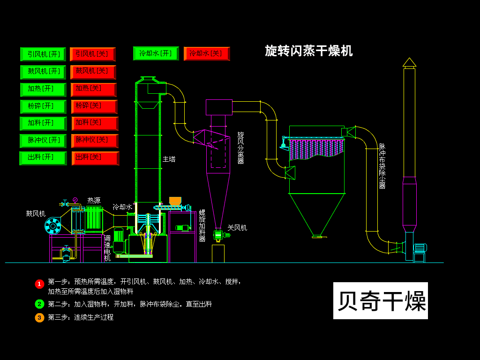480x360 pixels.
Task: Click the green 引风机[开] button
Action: pyautogui.click(x=43, y=54)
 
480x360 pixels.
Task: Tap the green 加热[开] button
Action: pyautogui.click(x=43, y=89)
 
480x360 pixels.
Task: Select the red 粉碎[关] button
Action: pyautogui.click(x=94, y=106)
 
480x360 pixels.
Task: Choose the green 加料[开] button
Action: pyautogui.click(x=43, y=123)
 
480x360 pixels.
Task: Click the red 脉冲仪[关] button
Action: pyautogui.click(x=94, y=141)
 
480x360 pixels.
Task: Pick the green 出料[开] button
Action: pyautogui.click(x=43, y=158)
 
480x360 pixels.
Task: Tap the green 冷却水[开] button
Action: pyautogui.click(x=156, y=53)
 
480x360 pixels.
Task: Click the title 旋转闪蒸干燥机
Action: pyautogui.click(x=308, y=51)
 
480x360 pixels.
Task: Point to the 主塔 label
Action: pyautogui.click(x=169, y=159)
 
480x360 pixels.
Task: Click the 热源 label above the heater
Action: pyautogui.click(x=94, y=200)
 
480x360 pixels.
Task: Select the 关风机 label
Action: pyautogui.click(x=237, y=228)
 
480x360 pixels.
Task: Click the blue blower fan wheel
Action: pyautogui.click(x=52, y=226)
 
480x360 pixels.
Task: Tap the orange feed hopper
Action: pyautogui.click(x=175, y=201)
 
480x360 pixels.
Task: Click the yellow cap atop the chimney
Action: pyautogui.click(x=409, y=62)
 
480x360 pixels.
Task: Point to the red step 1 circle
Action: pyautogui.click(x=39, y=284)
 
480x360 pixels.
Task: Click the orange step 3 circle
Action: pyautogui.click(x=39, y=317)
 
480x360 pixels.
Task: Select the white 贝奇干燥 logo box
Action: pyautogui.click(x=380, y=300)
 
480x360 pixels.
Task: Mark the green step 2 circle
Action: pyautogui.click(x=39, y=304)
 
